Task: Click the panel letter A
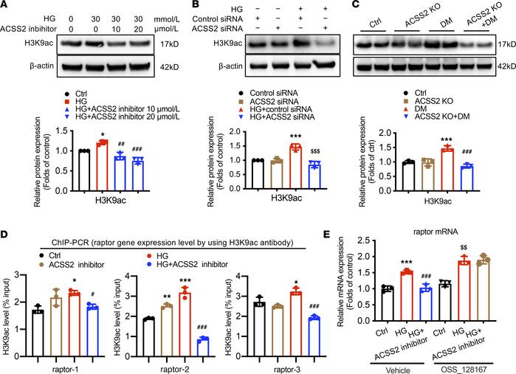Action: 5,6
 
